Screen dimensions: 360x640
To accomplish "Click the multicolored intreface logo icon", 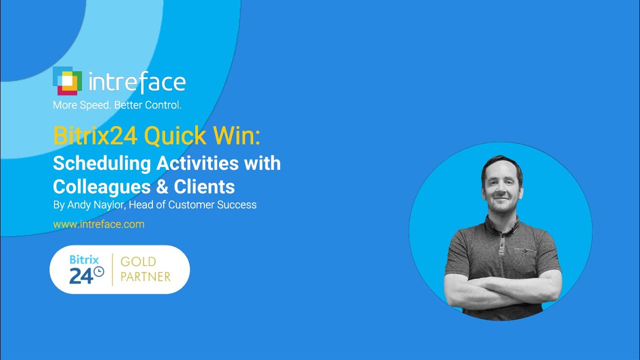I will tap(67, 81).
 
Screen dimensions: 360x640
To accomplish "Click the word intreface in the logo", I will tap(137, 82).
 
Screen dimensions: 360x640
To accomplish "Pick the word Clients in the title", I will tap(204, 186).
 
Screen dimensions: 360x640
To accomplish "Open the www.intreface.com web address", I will tap(99, 224).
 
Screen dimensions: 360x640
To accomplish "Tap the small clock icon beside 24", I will tap(99, 271).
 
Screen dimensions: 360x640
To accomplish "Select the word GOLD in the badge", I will tap(138, 261).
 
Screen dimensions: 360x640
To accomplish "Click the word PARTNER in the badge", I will tap(145, 276).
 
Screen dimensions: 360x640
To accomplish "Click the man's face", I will tap(501, 184).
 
